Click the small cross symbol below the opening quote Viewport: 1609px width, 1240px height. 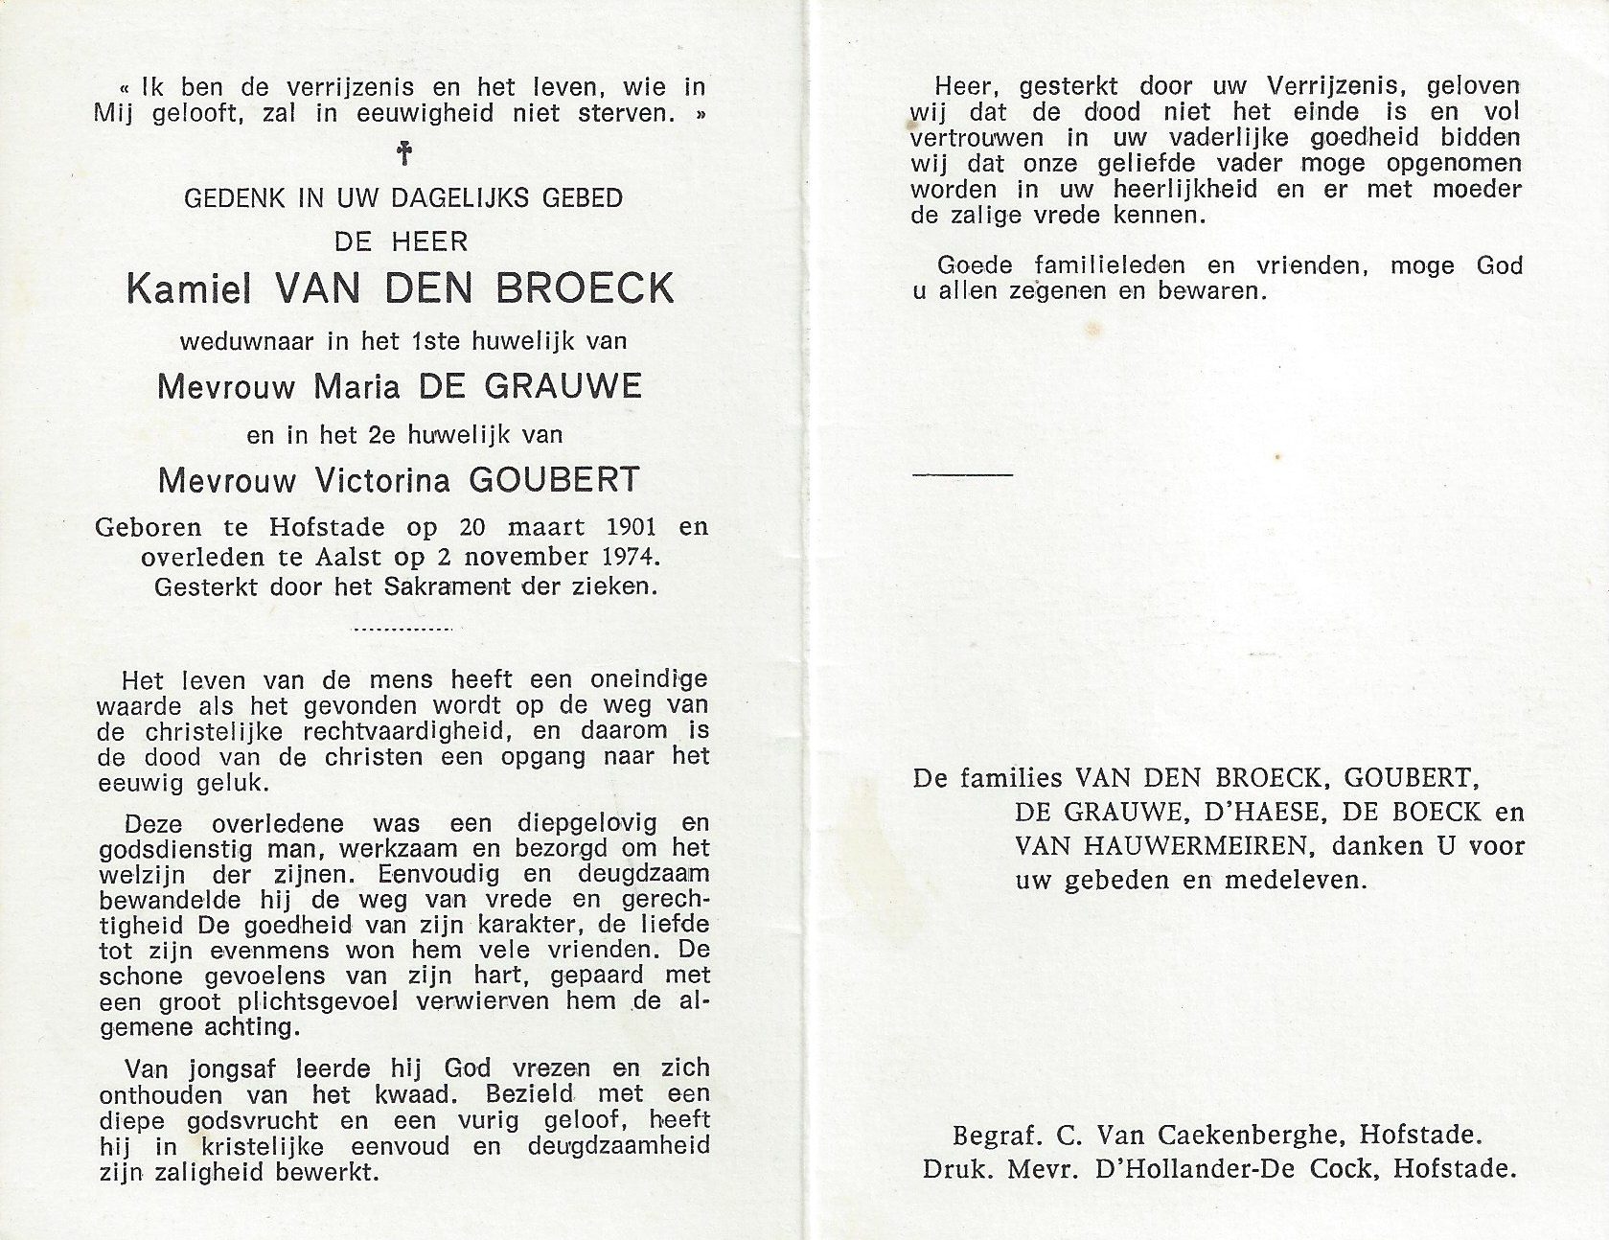(403, 153)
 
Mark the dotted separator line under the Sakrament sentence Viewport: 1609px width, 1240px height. (402, 630)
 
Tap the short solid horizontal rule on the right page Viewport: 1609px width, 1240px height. (962, 473)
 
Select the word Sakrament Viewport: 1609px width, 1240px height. (447, 586)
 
